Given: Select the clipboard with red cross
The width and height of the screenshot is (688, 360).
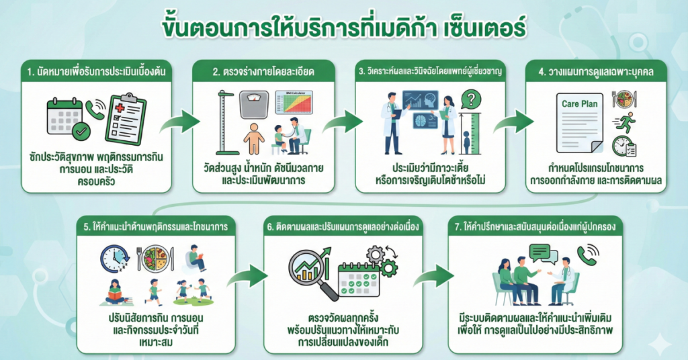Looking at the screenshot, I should point(126,117).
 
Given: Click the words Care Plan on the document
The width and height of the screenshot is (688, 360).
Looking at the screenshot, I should point(579,105).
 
